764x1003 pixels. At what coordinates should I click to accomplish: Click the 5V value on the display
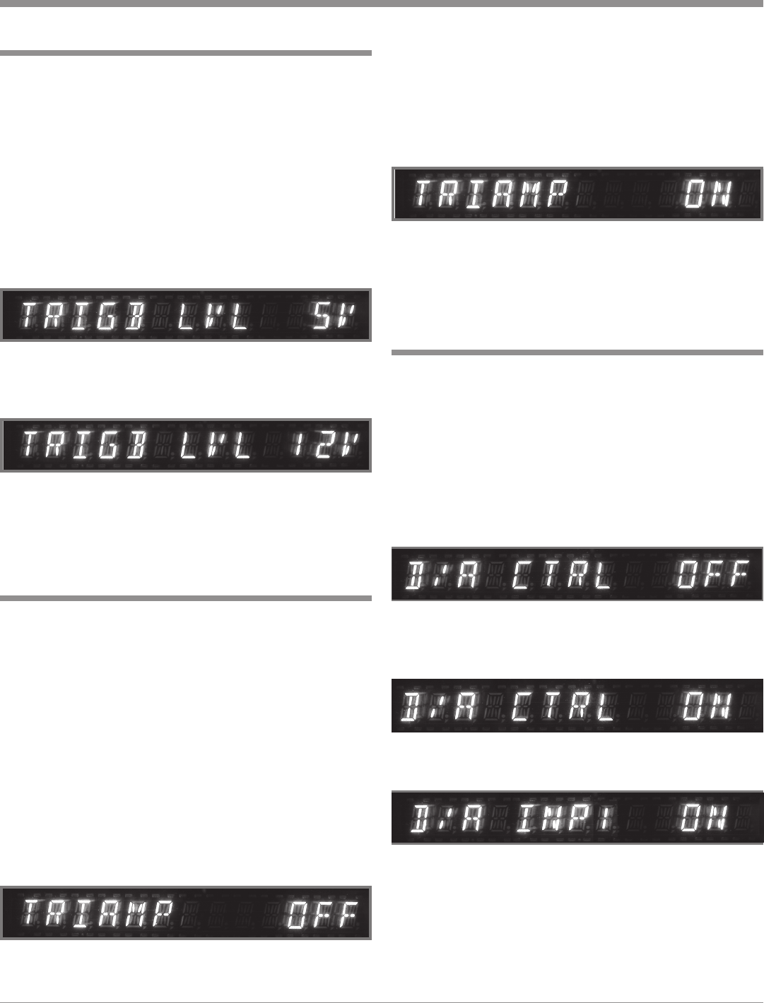(332, 316)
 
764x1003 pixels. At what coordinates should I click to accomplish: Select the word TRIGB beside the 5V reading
(83, 316)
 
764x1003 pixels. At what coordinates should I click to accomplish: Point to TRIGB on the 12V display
(83, 446)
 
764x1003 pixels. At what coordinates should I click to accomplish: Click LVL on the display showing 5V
(213, 316)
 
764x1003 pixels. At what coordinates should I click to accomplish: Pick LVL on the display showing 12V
(213, 446)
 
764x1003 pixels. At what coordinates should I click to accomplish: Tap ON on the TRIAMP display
(709, 194)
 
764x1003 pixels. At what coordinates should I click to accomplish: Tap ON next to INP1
(704, 818)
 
